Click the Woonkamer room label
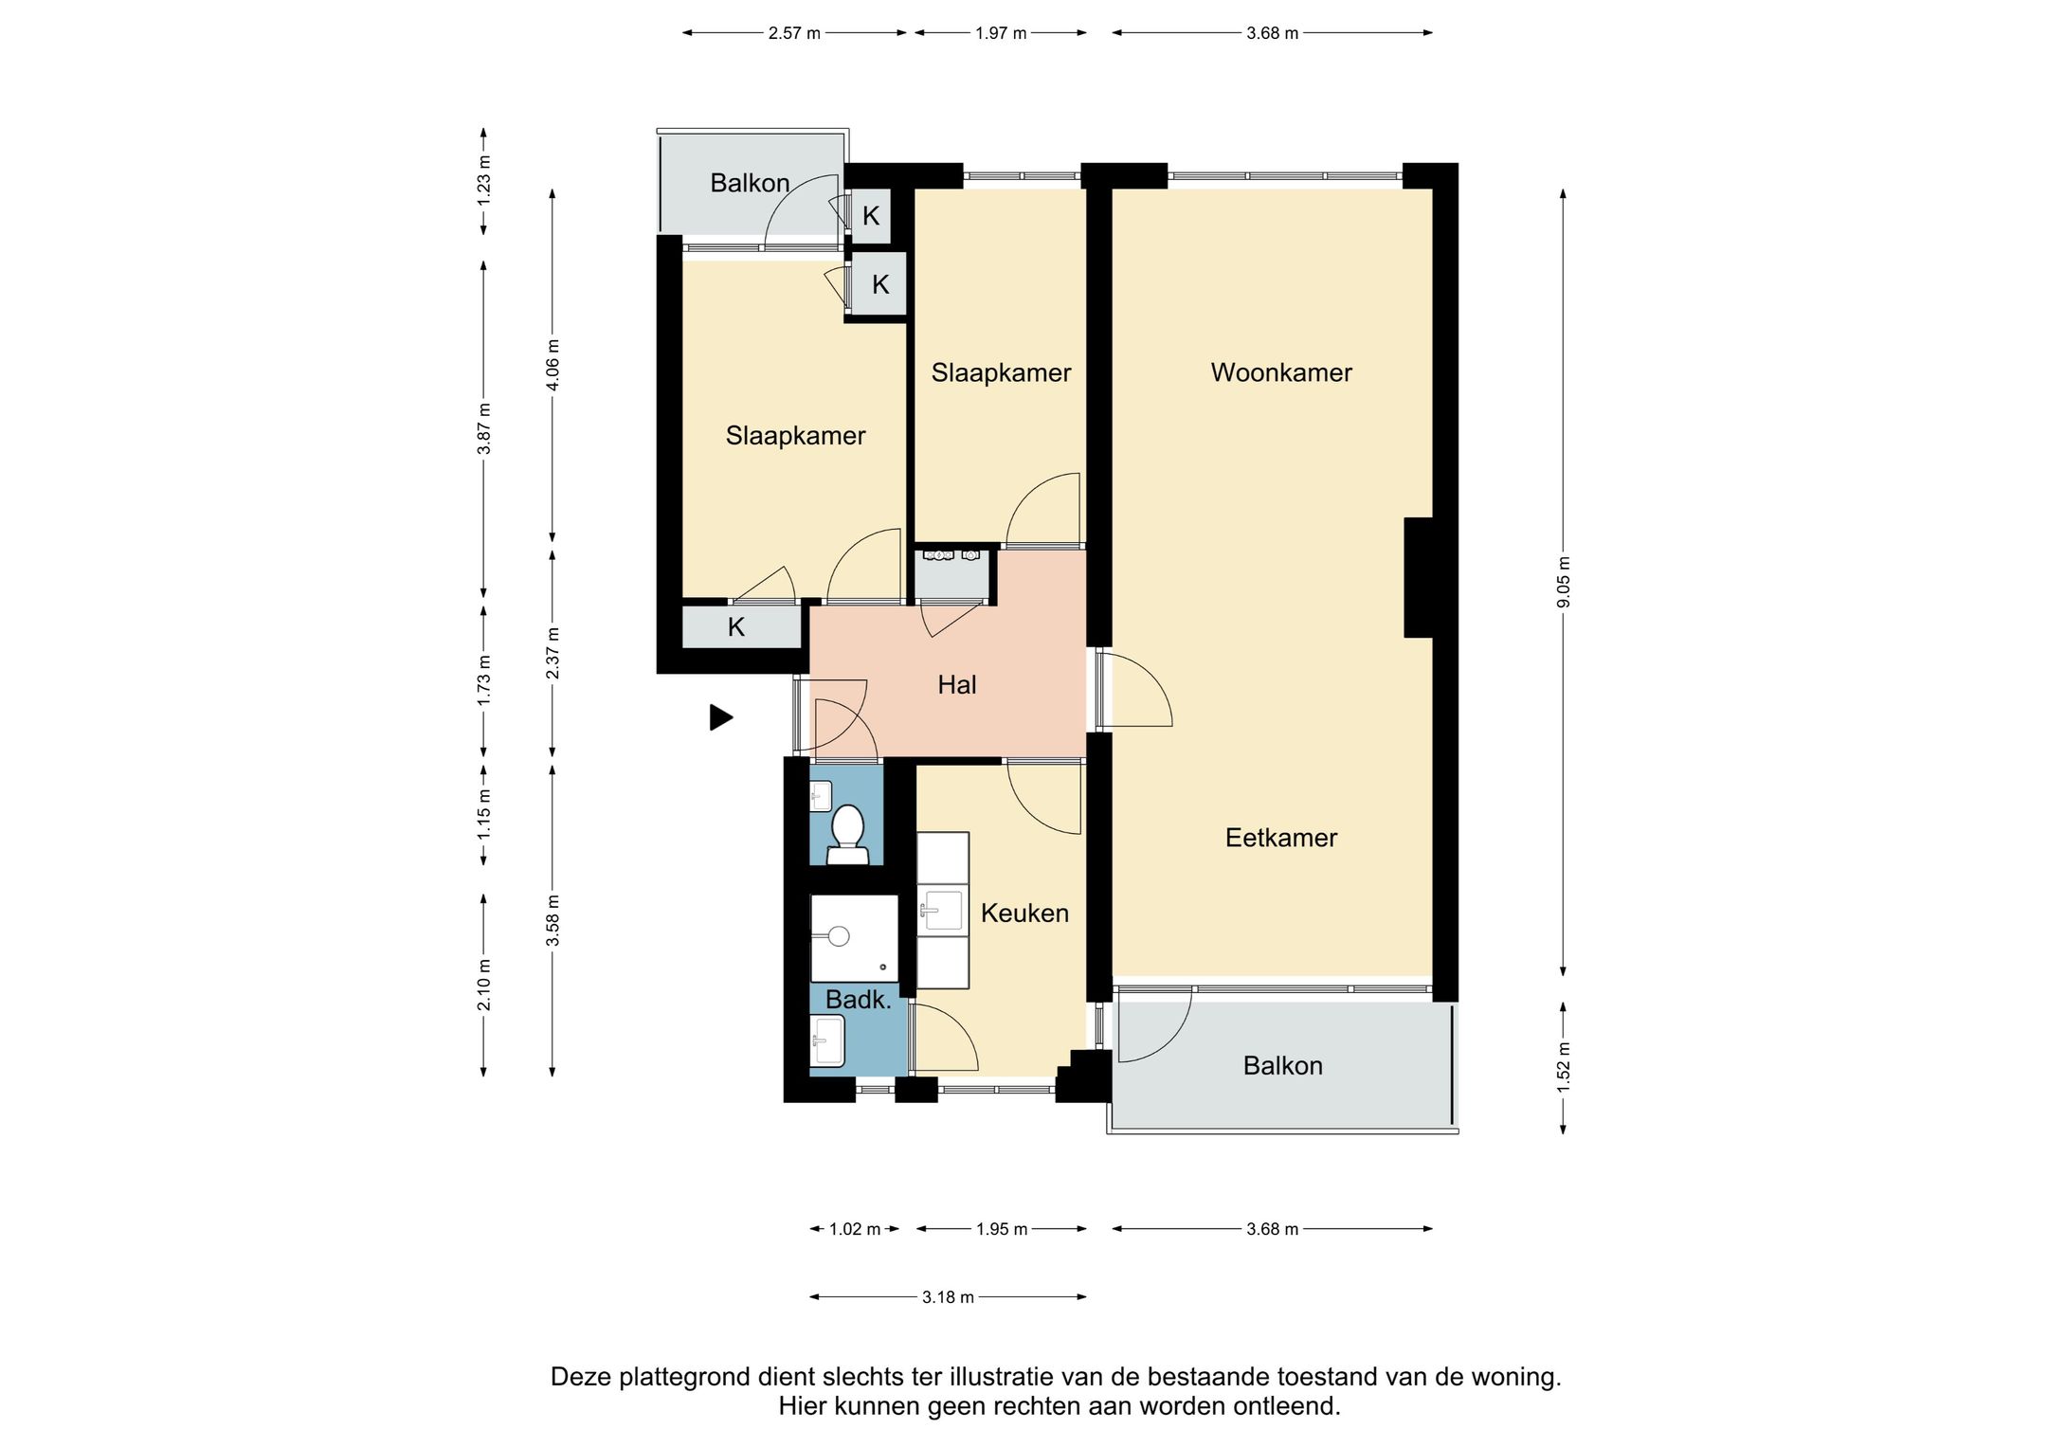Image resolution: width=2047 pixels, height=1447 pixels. tap(1281, 372)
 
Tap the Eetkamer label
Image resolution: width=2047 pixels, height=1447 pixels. tap(1281, 838)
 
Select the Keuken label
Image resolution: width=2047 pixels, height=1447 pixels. tap(1024, 913)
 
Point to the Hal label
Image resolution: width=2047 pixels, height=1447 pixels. tap(957, 684)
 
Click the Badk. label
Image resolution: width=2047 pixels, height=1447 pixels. tap(859, 999)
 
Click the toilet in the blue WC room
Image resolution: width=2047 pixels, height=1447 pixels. tap(847, 835)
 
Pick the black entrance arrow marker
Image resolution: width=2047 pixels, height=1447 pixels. tap(721, 717)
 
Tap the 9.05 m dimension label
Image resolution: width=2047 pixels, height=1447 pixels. tap(1564, 583)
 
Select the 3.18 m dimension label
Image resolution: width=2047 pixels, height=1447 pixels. tap(948, 1296)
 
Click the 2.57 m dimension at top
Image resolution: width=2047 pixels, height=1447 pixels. tap(794, 33)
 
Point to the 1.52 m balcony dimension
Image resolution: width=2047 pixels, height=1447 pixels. tap(1564, 1067)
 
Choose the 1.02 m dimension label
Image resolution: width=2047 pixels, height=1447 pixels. tap(855, 1229)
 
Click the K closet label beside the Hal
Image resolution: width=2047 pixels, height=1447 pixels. tap(736, 626)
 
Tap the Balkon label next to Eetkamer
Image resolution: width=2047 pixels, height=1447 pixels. tap(1282, 1066)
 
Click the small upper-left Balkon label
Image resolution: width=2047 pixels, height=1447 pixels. tap(750, 183)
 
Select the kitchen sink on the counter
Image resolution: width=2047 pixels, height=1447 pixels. tap(943, 911)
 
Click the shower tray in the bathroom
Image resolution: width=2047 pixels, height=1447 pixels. tap(854, 938)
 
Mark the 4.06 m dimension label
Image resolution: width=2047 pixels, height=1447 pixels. tap(553, 365)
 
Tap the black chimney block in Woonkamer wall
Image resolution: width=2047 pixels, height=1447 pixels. tap(1418, 577)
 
